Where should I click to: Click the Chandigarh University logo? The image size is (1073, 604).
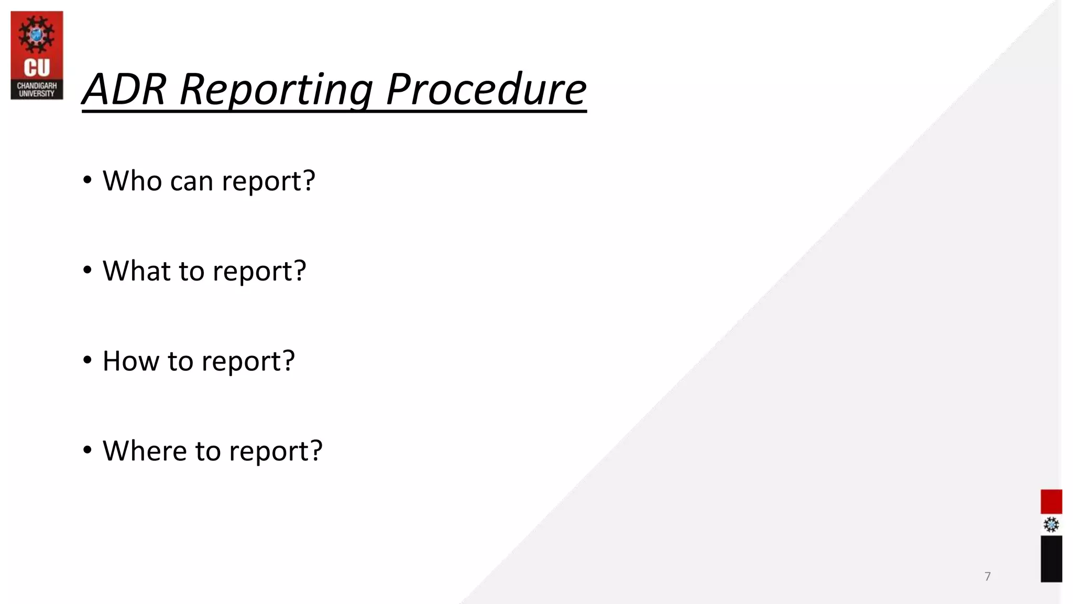[x=37, y=55]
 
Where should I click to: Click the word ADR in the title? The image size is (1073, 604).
[x=125, y=89]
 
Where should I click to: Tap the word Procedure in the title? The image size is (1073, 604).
[x=486, y=89]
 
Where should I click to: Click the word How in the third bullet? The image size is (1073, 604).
[x=130, y=361]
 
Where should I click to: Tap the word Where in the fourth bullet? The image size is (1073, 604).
[x=144, y=451]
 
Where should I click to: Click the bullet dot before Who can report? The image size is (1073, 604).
[x=87, y=180]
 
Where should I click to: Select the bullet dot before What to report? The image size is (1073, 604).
[x=87, y=271]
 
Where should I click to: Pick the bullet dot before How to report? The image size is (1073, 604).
[x=87, y=360]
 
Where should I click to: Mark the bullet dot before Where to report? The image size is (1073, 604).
[x=87, y=450]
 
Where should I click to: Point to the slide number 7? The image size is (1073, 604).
[x=988, y=577]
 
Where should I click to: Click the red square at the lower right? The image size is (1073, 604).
[x=1051, y=502]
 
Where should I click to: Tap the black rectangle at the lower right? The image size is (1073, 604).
[x=1051, y=559]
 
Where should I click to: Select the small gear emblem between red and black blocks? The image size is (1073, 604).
[x=1051, y=525]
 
